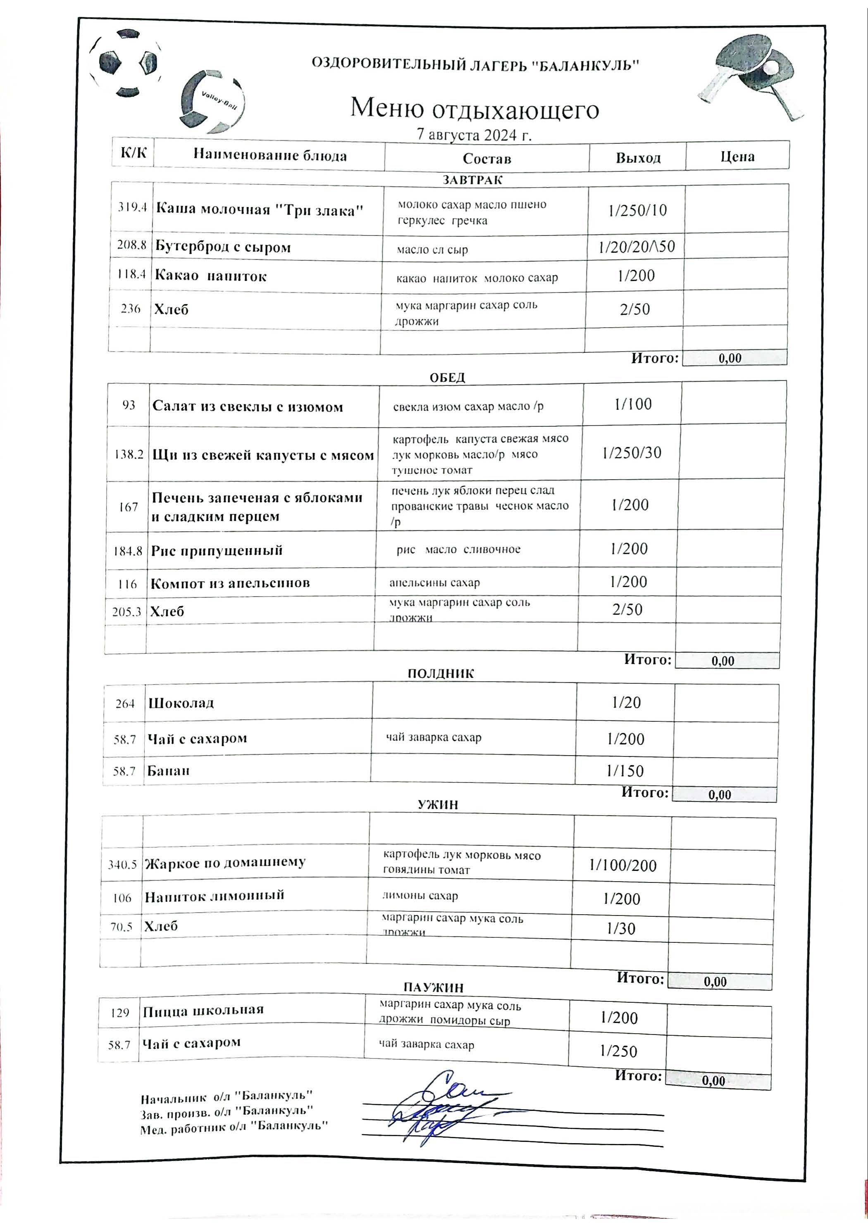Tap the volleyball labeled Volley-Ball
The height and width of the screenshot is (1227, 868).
click(x=212, y=102)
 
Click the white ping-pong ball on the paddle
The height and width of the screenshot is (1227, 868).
click(x=772, y=67)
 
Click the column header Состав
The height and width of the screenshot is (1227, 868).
click(x=486, y=159)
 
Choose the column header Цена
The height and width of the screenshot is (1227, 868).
click(x=737, y=157)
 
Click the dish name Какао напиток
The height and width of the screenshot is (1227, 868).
click(x=211, y=276)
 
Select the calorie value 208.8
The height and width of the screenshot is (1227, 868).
click(x=131, y=246)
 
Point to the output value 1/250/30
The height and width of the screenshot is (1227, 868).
click(x=632, y=453)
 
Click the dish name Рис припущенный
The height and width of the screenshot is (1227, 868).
click(x=217, y=550)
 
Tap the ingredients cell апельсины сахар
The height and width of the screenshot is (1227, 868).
click(x=434, y=583)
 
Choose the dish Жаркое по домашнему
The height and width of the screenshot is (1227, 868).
click(x=225, y=863)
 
